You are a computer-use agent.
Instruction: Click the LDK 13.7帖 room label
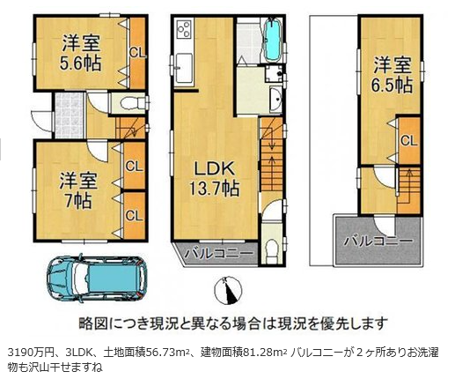click(214, 178)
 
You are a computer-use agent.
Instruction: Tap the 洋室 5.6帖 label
click(81, 53)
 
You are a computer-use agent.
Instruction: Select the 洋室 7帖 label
click(78, 190)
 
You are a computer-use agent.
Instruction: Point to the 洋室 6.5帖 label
click(393, 75)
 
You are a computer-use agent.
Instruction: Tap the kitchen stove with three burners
click(184, 28)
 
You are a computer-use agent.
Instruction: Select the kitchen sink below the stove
click(184, 68)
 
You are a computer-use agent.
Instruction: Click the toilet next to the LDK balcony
click(272, 249)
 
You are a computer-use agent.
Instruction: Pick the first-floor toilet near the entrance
click(129, 103)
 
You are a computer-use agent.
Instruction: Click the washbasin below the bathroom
click(275, 99)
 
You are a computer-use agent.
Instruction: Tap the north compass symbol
click(228, 290)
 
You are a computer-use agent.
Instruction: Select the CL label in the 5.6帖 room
click(137, 54)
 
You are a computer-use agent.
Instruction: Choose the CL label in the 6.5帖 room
click(409, 141)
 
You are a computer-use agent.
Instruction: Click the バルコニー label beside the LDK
click(218, 253)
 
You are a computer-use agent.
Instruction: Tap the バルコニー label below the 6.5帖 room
click(378, 242)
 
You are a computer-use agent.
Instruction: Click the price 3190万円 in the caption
click(31, 352)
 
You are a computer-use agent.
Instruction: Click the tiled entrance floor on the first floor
click(70, 115)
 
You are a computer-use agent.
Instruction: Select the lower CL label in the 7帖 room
click(134, 216)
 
